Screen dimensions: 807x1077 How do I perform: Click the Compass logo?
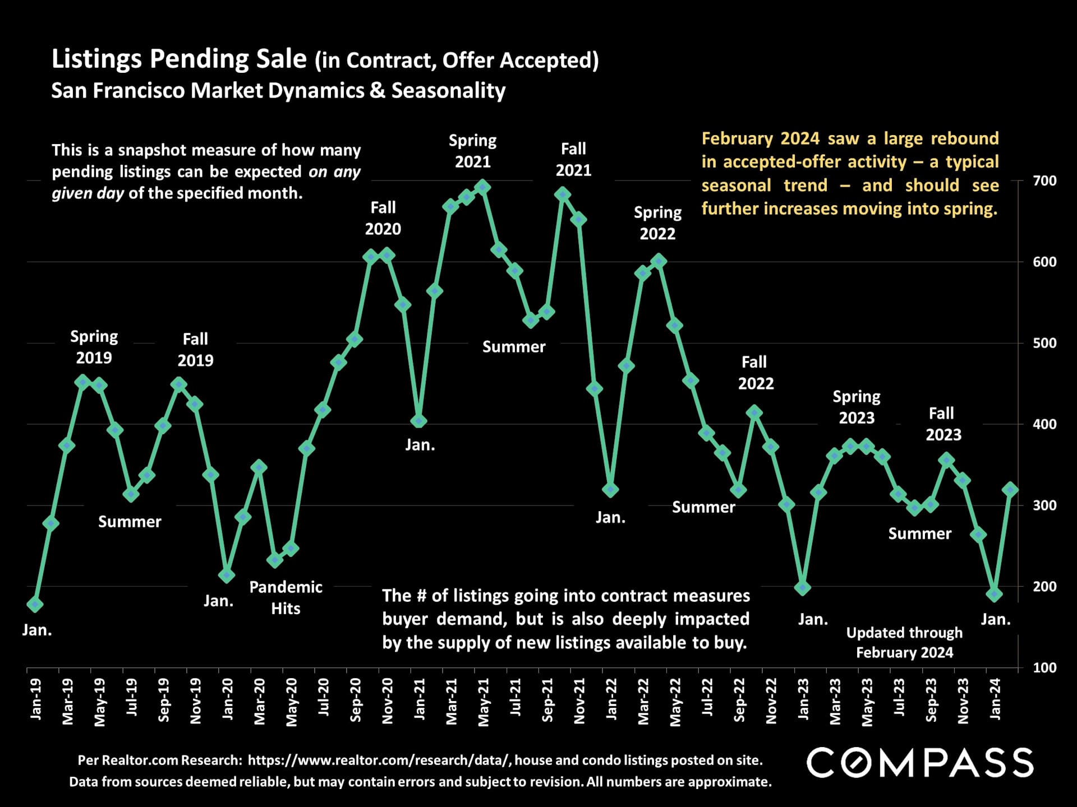coord(920,762)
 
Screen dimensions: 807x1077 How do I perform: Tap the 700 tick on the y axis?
coord(1044,181)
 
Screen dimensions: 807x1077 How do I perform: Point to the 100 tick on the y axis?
coord(1044,667)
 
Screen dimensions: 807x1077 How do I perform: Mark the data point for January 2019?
coord(35,604)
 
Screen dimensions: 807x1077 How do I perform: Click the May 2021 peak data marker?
coord(483,187)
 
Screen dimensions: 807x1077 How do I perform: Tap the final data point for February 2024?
coord(1011,490)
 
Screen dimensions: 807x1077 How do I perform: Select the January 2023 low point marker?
coord(803,588)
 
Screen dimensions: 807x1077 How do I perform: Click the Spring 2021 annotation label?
coord(472,151)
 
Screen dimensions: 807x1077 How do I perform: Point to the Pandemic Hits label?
coord(286,597)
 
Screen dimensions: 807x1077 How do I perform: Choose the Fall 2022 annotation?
coord(755,373)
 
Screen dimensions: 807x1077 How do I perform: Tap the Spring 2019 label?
coord(94,347)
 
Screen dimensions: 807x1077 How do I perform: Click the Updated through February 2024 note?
coord(904,642)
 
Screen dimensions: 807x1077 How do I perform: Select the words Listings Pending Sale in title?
coord(179,59)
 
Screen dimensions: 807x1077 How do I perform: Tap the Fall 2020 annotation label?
coord(383,218)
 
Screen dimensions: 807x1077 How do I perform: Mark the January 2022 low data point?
coord(610,489)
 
